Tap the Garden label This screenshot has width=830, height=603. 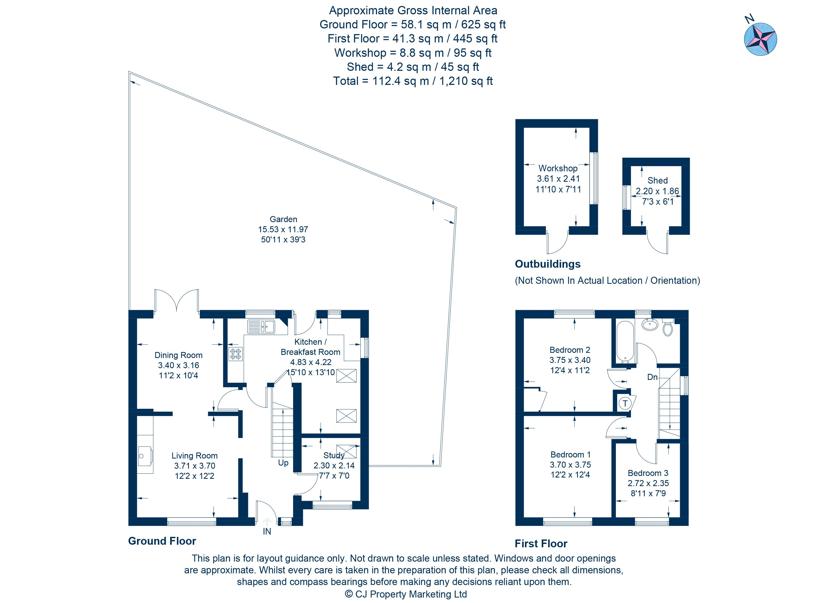[x=283, y=219]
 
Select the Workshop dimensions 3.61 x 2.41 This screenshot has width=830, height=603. [x=558, y=179]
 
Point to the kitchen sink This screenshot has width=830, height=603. [x=261, y=326]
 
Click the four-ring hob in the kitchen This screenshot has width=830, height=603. [x=236, y=354]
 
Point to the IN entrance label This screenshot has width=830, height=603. [x=267, y=531]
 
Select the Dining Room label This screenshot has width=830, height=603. [x=178, y=355]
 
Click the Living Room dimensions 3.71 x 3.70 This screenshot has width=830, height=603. [x=194, y=466]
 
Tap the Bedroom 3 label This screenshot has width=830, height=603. [x=648, y=473]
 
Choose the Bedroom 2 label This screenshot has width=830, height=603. [x=570, y=350]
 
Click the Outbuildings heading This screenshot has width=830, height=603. [x=547, y=264]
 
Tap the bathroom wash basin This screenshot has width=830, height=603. [x=650, y=324]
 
